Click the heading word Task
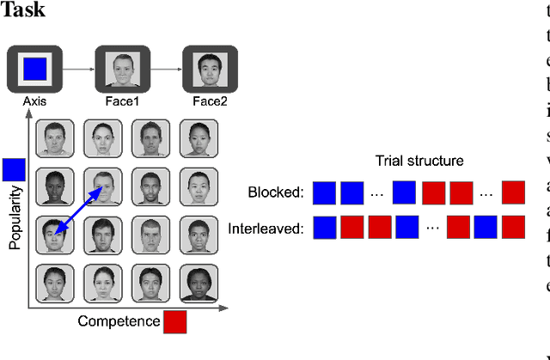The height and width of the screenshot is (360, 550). coord(23,10)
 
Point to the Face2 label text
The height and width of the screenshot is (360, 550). coord(211,101)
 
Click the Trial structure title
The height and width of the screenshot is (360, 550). coord(419,161)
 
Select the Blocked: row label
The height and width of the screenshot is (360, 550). coord(276,192)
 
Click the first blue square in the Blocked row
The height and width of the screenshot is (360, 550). coord(324,192)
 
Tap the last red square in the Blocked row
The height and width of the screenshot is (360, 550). coord(513,192)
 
